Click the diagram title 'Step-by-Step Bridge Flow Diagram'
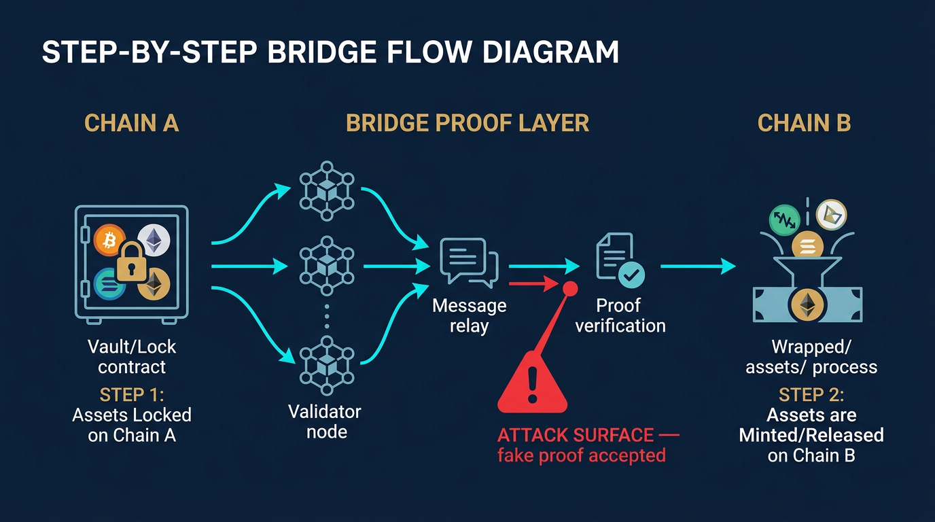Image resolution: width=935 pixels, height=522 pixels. click(330, 53)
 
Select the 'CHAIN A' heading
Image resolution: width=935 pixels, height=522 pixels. click(131, 123)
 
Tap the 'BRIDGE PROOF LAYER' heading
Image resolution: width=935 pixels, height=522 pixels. click(467, 123)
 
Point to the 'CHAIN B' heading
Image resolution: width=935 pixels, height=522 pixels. click(804, 123)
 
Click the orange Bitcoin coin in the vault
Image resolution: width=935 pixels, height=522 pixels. click(107, 240)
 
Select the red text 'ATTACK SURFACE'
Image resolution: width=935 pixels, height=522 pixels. click(576, 435)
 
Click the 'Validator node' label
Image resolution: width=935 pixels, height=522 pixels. click(325, 421)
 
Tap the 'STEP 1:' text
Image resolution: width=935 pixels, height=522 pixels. click(132, 395)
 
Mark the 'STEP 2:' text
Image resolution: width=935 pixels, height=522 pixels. click(811, 395)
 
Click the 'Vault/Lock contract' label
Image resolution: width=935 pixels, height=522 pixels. click(132, 357)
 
